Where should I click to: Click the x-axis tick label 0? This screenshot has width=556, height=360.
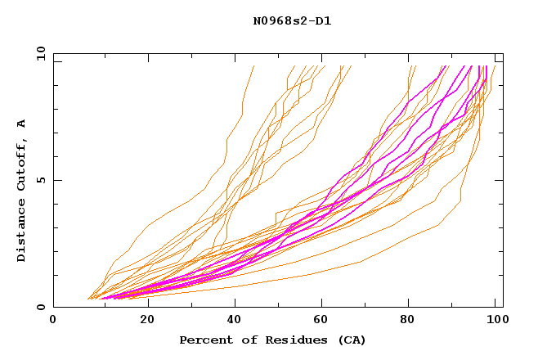(x=53, y=320)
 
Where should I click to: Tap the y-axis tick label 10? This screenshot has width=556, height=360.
(x=39, y=54)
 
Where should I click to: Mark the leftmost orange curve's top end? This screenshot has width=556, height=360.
(x=253, y=66)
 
